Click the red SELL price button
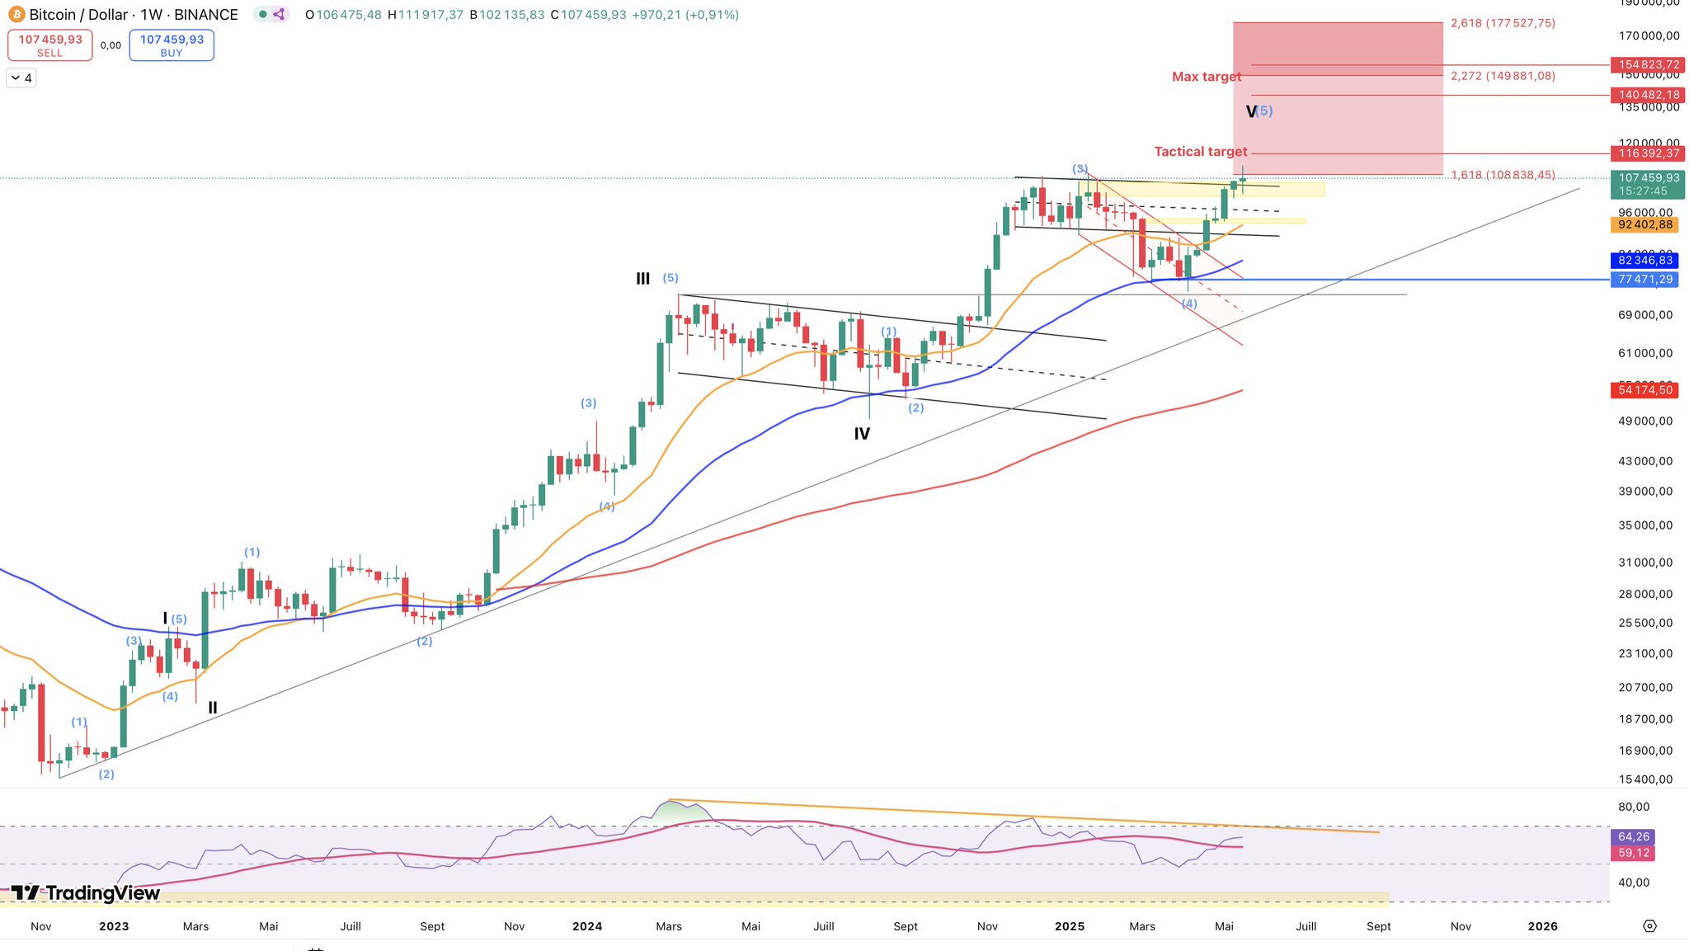coord(49,45)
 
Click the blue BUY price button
coord(172,45)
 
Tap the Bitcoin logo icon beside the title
coord(16,15)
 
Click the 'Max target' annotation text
coord(1206,77)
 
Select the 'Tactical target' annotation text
coord(1200,152)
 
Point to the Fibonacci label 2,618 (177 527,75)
coord(1503,23)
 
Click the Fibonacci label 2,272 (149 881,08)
coord(1503,76)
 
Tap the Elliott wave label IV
coord(862,434)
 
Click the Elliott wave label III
coord(642,279)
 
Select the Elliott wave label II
coord(213,708)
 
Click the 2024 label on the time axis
coord(587,926)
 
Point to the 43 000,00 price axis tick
coord(1644,461)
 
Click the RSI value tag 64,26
coord(1633,837)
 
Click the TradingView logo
coord(86,893)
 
